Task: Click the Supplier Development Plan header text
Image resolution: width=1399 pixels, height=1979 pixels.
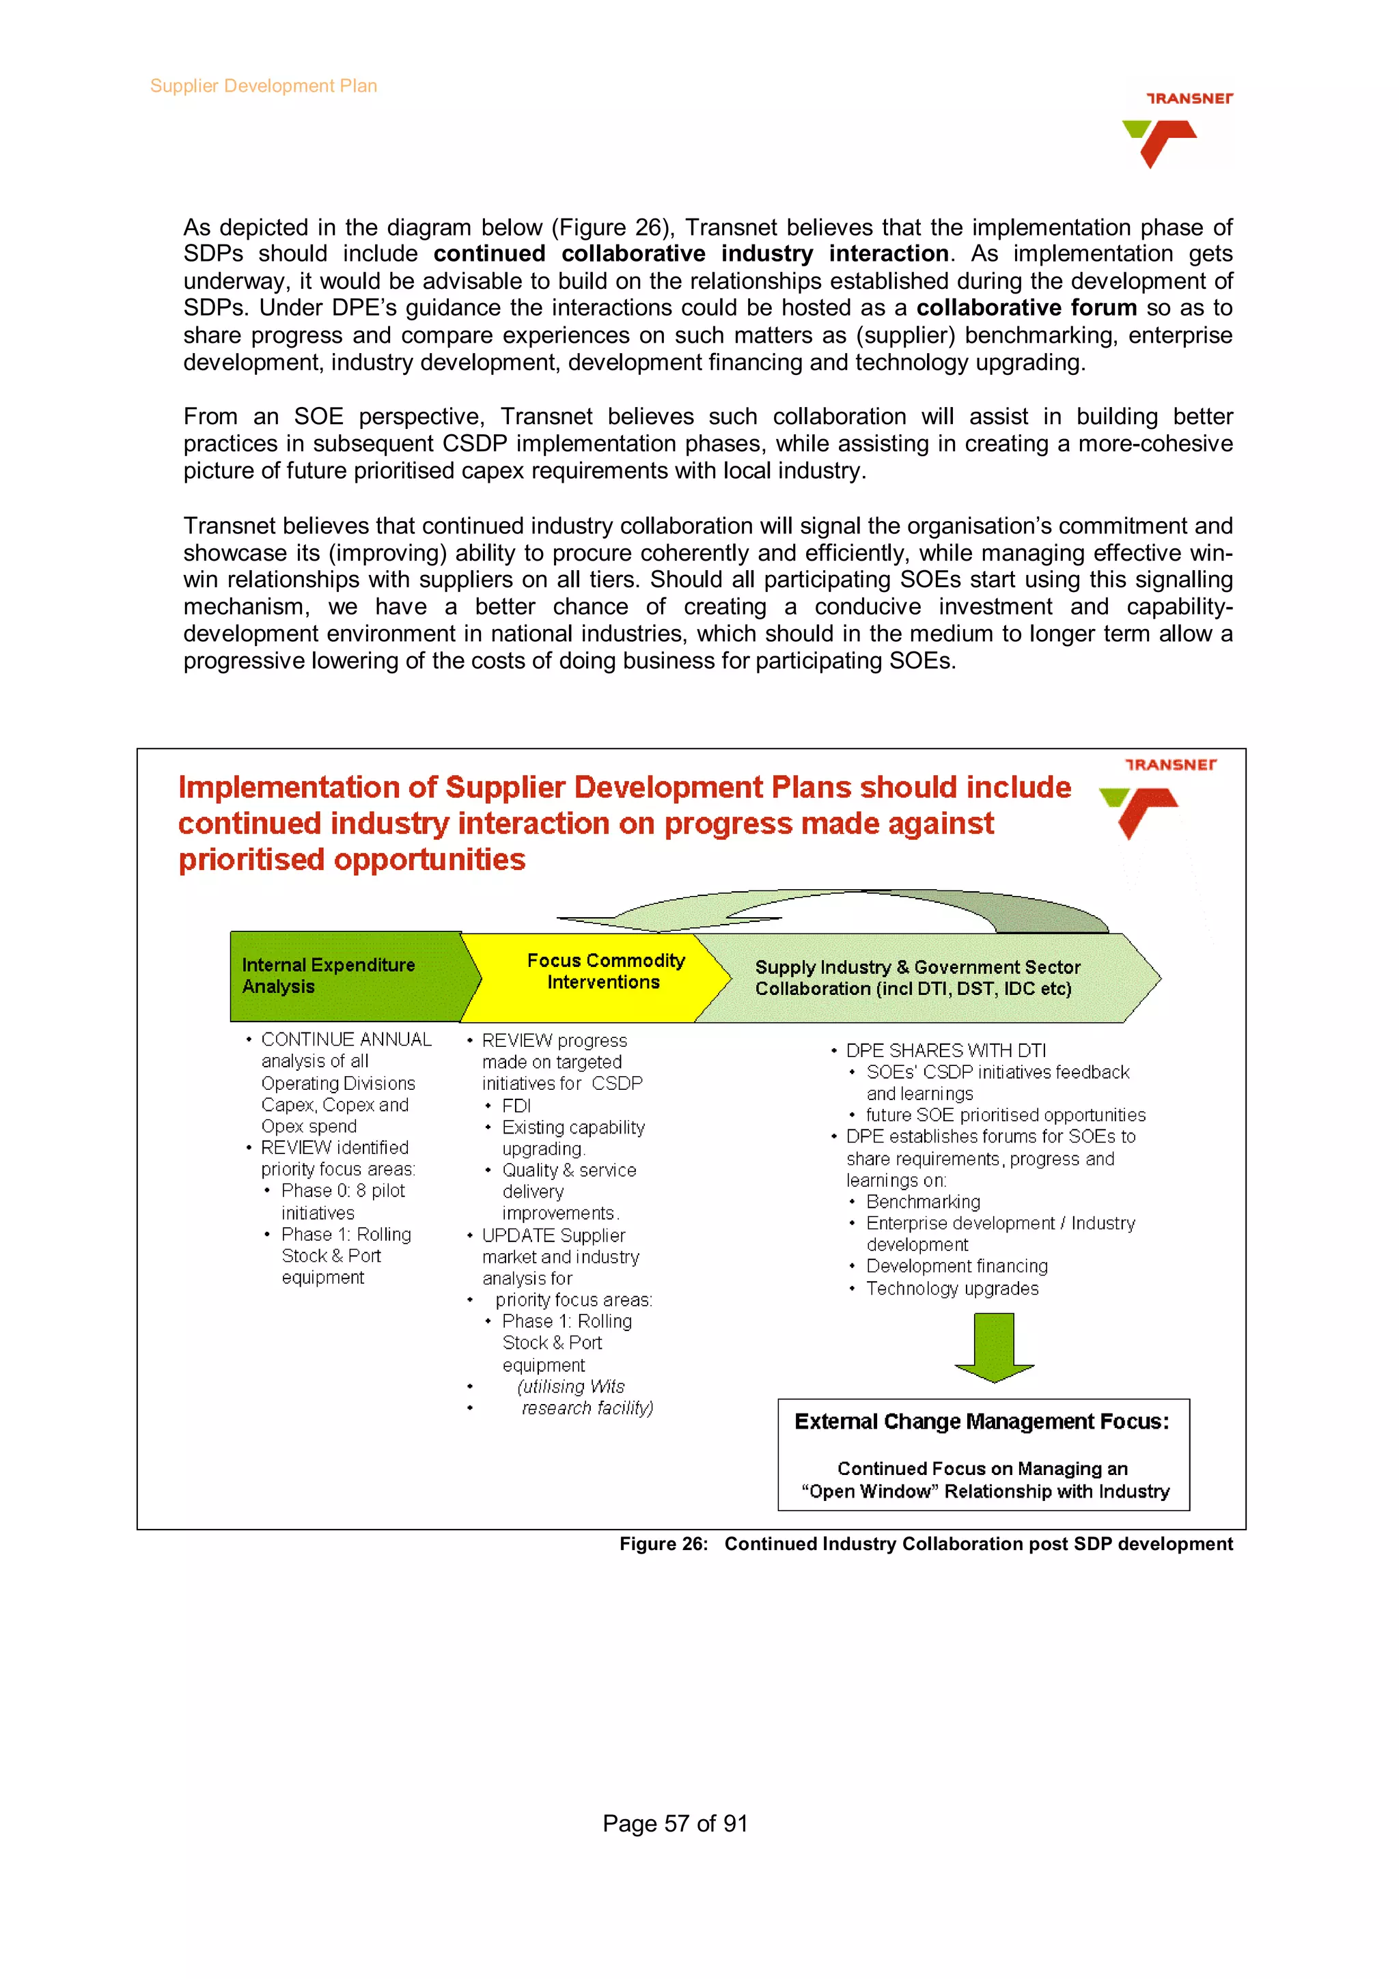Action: (x=263, y=85)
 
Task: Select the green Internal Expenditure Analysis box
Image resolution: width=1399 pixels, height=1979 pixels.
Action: (x=345, y=976)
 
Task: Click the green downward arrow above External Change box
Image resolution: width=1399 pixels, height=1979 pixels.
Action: (x=994, y=1347)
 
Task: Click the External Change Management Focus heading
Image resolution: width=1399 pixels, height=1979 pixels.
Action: (x=982, y=1421)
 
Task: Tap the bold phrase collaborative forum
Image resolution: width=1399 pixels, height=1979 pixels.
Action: (x=1026, y=308)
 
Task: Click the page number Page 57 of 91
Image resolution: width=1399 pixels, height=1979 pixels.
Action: (x=674, y=1823)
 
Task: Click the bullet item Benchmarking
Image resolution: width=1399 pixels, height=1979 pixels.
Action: (x=922, y=1202)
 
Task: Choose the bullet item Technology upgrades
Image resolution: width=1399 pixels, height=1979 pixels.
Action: (x=952, y=1289)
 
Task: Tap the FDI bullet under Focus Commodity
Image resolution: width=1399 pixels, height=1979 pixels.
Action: (x=516, y=1106)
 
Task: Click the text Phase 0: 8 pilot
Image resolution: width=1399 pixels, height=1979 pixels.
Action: (x=342, y=1190)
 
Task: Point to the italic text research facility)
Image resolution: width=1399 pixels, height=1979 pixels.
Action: (x=586, y=1407)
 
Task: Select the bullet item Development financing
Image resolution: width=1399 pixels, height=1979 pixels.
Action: (x=957, y=1266)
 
